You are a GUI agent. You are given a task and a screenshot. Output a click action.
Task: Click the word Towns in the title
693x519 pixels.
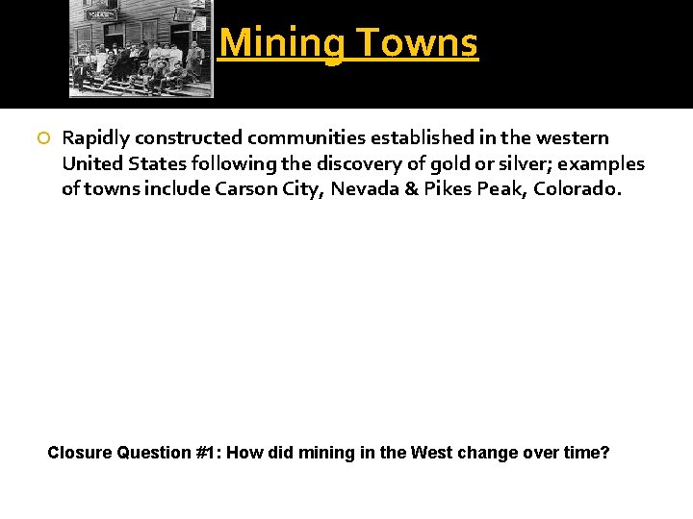(x=419, y=43)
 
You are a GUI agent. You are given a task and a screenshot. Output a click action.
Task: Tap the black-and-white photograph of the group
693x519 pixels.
(x=141, y=48)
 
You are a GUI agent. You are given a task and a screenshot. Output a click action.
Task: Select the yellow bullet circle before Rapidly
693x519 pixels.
(x=43, y=139)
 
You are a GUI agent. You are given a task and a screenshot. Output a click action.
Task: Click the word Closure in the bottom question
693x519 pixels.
(x=79, y=453)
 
